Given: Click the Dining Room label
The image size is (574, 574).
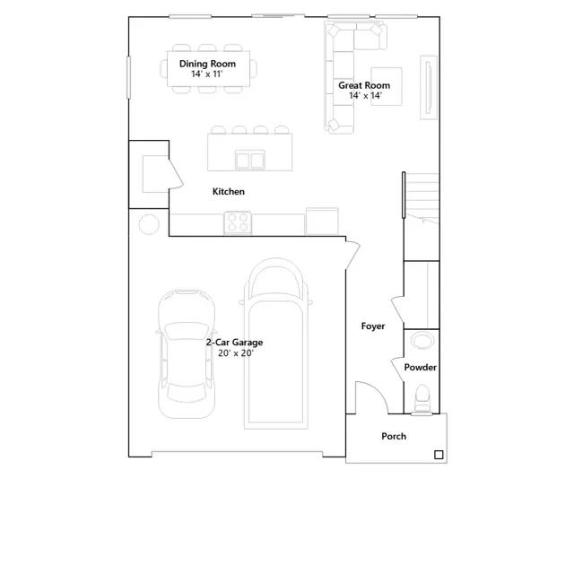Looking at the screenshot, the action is pyautogui.click(x=207, y=64).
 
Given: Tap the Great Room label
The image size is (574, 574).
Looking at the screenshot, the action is pyautogui.click(x=364, y=85).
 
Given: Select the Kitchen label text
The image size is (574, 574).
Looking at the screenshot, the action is pyautogui.click(x=229, y=191).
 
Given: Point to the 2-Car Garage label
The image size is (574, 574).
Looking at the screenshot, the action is pyautogui.click(x=234, y=343).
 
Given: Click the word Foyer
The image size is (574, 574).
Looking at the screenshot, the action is pyautogui.click(x=373, y=326).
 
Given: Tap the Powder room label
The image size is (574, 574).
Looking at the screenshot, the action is pyautogui.click(x=421, y=367).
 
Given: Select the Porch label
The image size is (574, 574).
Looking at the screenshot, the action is pyautogui.click(x=394, y=437).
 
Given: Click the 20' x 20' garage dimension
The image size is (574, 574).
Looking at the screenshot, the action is pyautogui.click(x=236, y=353).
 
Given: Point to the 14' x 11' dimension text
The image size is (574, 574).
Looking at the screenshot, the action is pyautogui.click(x=207, y=74).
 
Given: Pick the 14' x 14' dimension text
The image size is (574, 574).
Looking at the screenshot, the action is pyautogui.click(x=365, y=96).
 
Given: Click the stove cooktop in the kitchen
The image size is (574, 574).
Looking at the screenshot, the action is pyautogui.click(x=238, y=222).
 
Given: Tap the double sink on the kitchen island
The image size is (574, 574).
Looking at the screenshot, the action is pyautogui.click(x=250, y=160).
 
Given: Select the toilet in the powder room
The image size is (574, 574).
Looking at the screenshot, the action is pyautogui.click(x=422, y=398).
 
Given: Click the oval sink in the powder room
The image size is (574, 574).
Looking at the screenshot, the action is pyautogui.click(x=422, y=341).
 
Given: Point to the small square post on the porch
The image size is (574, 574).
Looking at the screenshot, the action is pyautogui.click(x=439, y=455).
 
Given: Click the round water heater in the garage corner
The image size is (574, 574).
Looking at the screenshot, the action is pyautogui.click(x=149, y=224).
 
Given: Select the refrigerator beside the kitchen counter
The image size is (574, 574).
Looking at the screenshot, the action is pyautogui.click(x=322, y=222).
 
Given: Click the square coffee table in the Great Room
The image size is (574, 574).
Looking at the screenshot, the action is pyautogui.click(x=387, y=86).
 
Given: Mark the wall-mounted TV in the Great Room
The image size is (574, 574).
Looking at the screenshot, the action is pyautogui.click(x=429, y=88).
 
